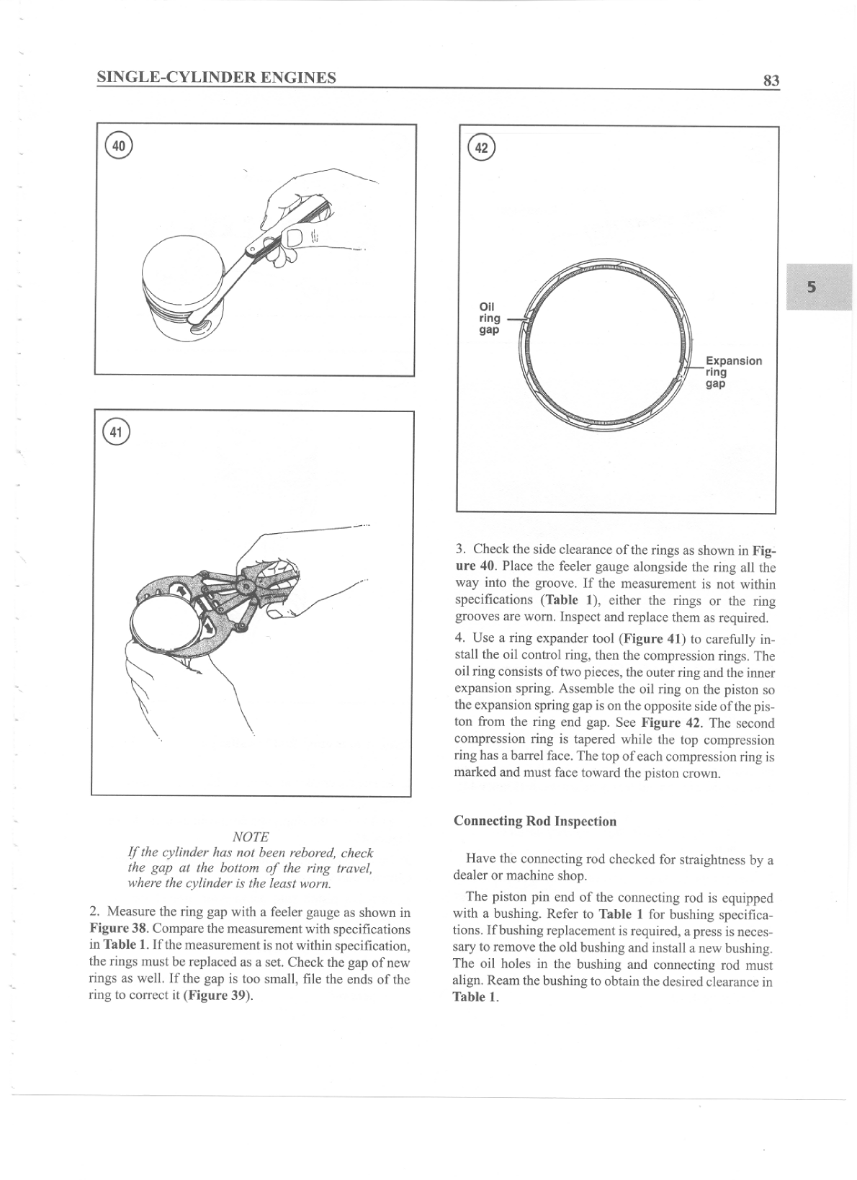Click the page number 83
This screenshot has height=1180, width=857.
771,81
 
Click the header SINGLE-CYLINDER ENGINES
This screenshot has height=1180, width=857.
216,77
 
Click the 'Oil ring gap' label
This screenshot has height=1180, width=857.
490,318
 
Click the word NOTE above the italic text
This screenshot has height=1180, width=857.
251,836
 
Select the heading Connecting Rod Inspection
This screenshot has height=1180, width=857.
535,821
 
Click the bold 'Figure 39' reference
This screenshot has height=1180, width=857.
217,996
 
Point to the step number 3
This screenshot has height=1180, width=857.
459,550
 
